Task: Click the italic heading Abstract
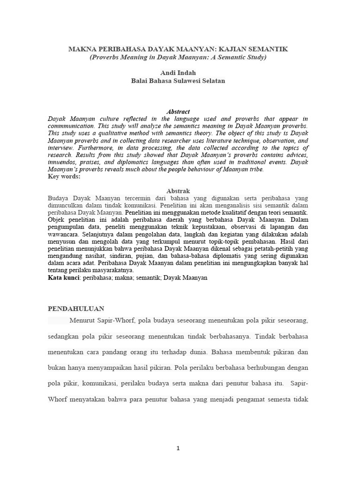pos(178,112)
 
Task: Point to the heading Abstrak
pos(178,191)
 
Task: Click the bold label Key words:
pos(65,177)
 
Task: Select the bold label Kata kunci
pos(64,277)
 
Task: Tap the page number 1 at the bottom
pos(178,449)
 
